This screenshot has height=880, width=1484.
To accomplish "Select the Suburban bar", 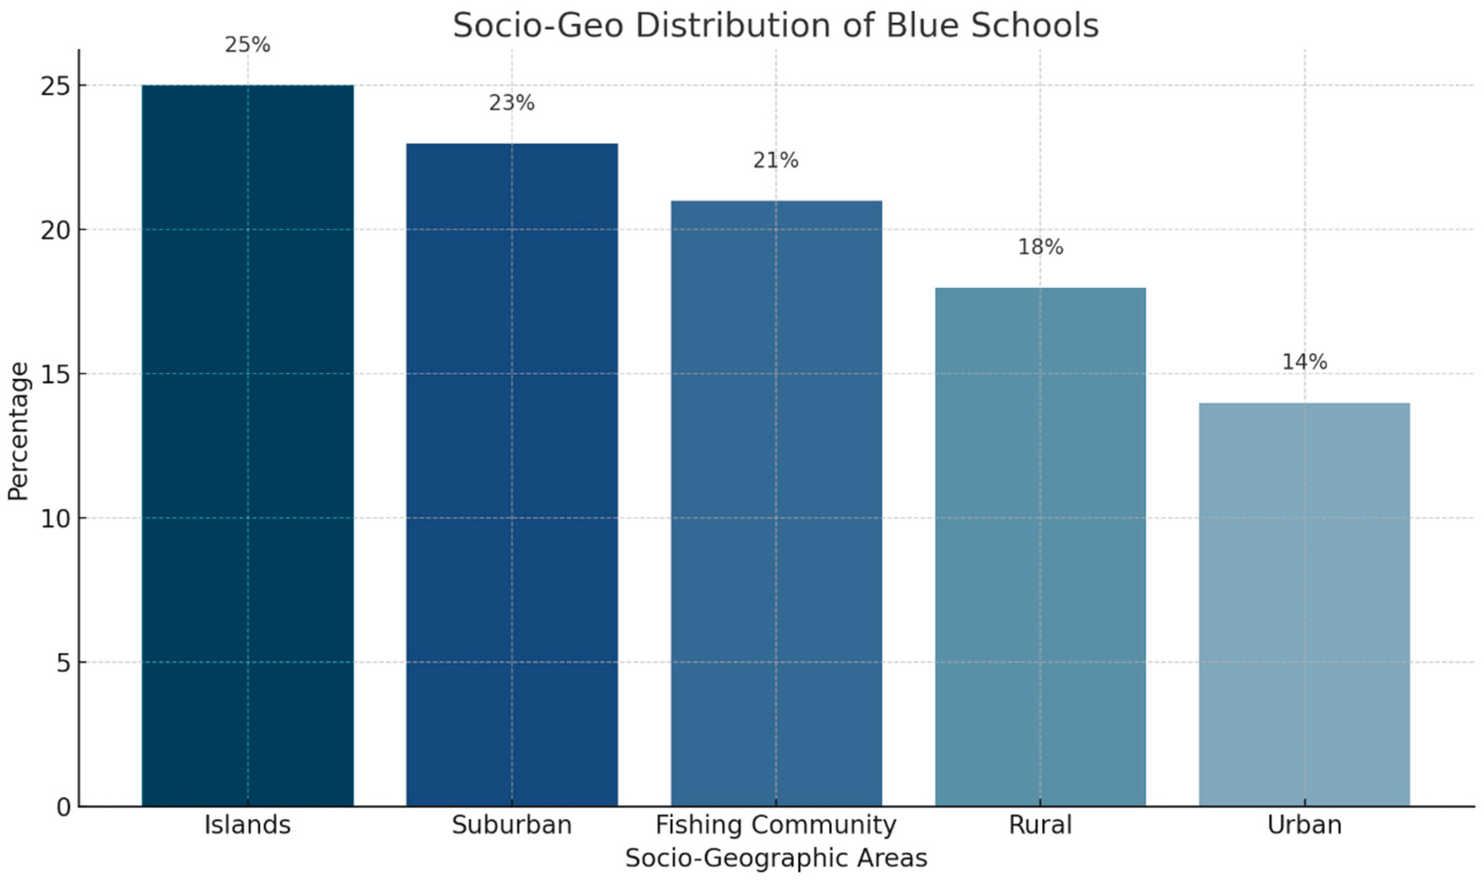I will pyautogui.click(x=512, y=474).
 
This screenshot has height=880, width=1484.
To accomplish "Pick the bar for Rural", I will pyautogui.click(x=1040, y=546).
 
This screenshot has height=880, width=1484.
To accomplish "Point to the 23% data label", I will pyautogui.click(x=512, y=103).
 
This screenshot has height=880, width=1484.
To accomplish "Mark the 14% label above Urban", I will pyautogui.click(x=1304, y=362).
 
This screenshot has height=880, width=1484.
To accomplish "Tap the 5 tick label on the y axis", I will pyautogui.click(x=63, y=663).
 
